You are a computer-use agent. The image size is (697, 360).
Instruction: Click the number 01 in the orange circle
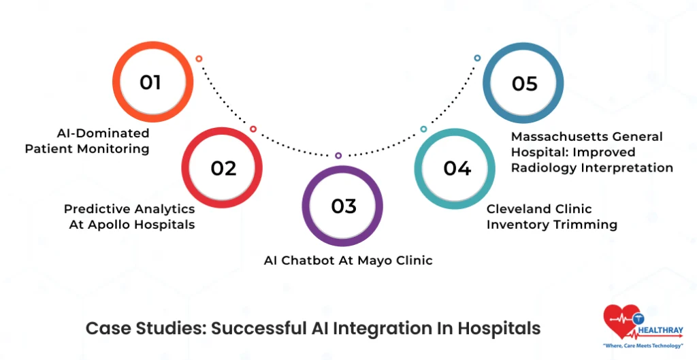[150, 82]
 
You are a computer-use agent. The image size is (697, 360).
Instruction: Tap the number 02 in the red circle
[223, 167]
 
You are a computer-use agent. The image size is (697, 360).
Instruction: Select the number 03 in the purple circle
[343, 206]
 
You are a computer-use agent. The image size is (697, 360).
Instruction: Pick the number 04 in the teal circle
[457, 168]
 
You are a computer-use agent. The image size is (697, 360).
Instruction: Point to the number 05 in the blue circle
[524, 83]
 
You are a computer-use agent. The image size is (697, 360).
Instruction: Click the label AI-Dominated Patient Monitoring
[87, 141]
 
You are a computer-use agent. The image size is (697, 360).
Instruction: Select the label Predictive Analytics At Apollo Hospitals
[129, 216]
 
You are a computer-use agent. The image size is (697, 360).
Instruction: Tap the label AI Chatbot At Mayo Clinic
[348, 260]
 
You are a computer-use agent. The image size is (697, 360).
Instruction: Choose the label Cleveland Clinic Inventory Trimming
[551, 216]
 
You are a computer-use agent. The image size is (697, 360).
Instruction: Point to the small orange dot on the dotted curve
[199, 59]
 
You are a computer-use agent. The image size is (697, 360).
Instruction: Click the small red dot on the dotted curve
[253, 129]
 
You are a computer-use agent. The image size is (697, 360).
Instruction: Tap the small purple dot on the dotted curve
[338, 155]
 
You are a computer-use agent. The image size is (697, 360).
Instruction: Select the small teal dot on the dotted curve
[423, 129]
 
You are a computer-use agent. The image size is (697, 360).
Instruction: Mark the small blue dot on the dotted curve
[477, 59]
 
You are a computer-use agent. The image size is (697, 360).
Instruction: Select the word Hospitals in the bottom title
[498, 328]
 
